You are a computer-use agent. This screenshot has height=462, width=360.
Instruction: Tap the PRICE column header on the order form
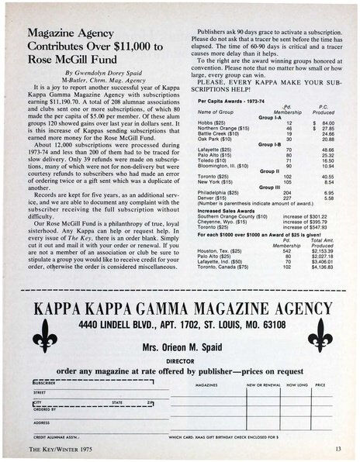320,384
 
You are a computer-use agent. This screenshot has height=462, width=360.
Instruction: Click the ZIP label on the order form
149,403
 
